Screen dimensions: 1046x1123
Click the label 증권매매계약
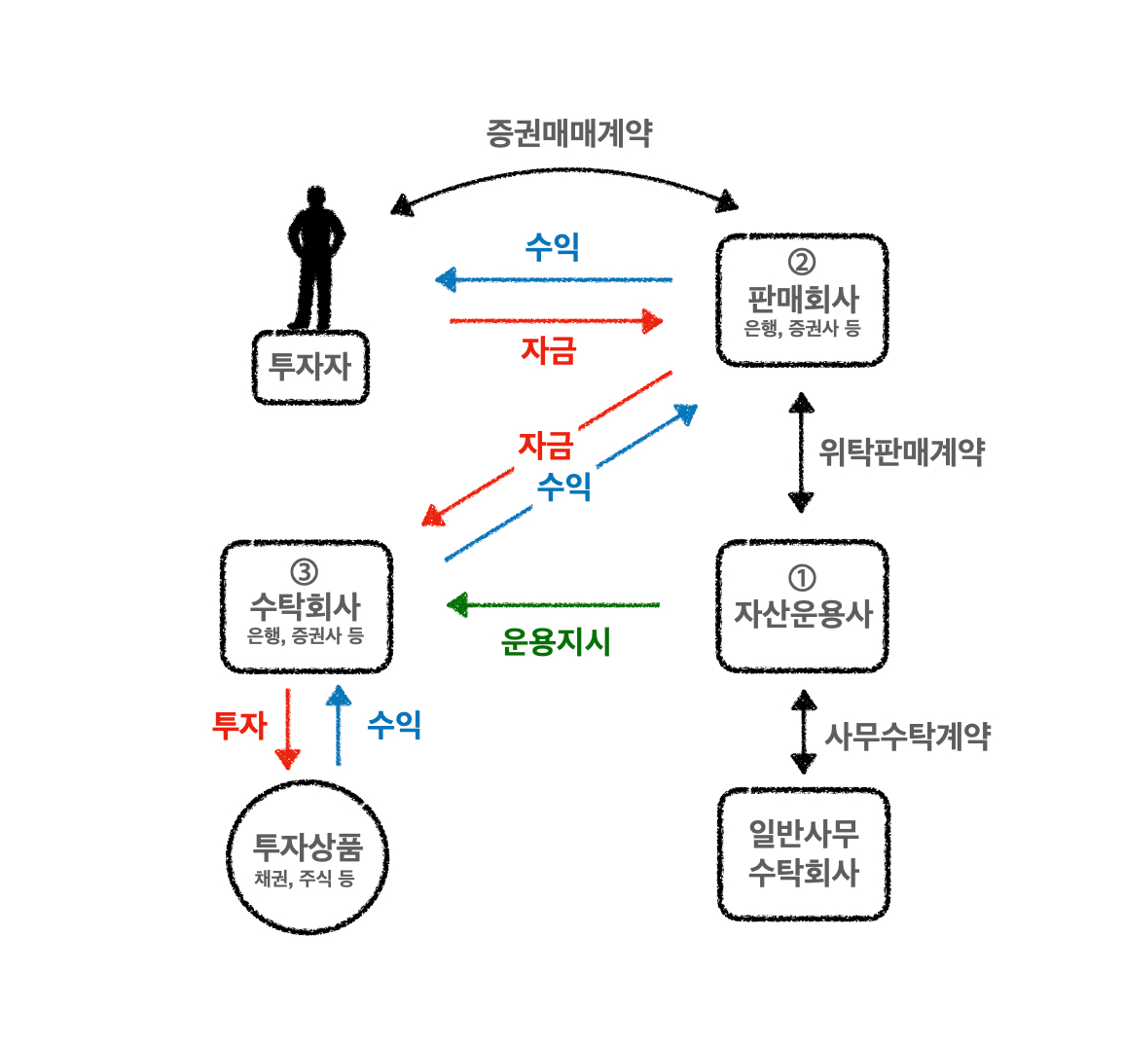tap(569, 133)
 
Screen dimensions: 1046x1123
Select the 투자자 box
tap(310, 367)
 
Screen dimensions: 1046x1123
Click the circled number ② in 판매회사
tap(801, 262)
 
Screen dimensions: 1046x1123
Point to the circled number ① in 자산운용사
tap(801, 578)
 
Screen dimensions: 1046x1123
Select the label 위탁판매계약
tap(901, 452)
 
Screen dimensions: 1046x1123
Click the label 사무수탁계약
tap(907, 736)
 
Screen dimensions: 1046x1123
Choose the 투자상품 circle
tap(307, 856)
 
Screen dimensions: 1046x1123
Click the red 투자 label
tap(238, 725)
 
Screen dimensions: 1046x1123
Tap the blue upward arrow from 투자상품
tap(338, 726)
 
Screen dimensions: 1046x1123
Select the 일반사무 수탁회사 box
tap(803, 853)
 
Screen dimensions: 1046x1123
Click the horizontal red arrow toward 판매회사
tap(555, 320)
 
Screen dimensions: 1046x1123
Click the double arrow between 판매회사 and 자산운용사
tap(801, 452)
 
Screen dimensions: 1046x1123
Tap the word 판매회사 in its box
tap(803, 298)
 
